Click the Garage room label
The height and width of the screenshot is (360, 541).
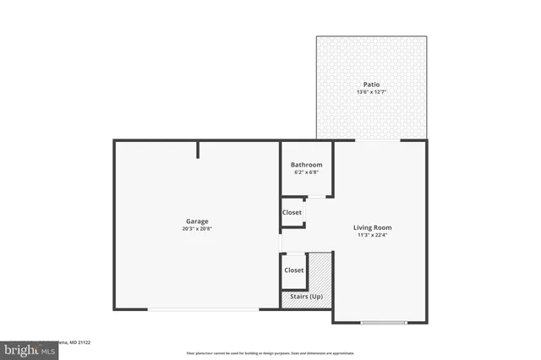197,221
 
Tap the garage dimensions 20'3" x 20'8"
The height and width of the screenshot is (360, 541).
197,229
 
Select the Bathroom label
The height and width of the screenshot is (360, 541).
306,165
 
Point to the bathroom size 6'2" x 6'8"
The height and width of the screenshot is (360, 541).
306,172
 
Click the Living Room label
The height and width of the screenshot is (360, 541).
372,227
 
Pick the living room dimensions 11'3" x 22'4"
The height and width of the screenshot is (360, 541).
372,235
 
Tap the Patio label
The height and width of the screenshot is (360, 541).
371,85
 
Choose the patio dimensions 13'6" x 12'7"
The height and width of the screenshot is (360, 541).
371,92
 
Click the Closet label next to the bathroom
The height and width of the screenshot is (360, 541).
292,212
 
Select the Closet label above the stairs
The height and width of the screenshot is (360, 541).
293,270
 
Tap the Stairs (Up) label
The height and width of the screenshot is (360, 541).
306,297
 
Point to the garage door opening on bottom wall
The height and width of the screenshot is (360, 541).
203,309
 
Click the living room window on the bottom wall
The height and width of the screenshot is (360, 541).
383,322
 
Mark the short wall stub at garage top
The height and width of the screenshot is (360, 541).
199,150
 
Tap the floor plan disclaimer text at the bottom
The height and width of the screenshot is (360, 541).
270,353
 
